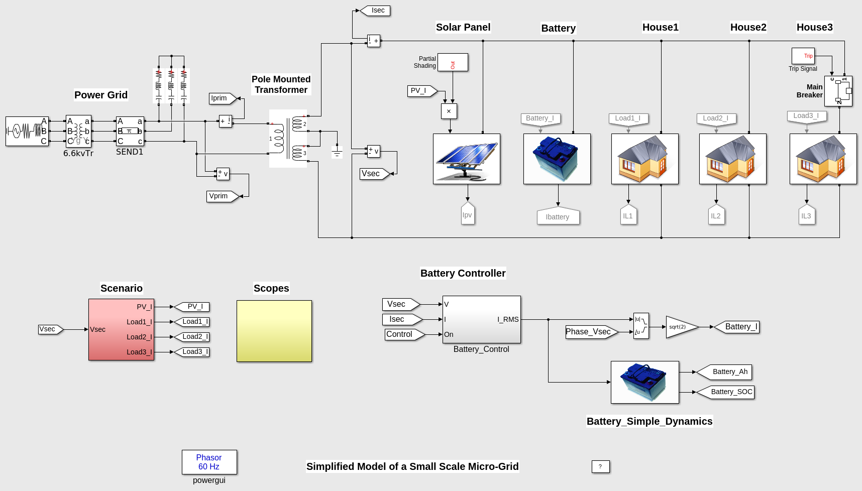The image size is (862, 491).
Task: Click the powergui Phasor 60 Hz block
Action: pyautogui.click(x=209, y=462)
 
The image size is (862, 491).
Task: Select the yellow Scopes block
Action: pyautogui.click(x=274, y=331)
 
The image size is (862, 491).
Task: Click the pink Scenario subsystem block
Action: pyautogui.click(x=121, y=329)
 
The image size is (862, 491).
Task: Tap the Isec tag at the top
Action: pyautogui.click(x=376, y=11)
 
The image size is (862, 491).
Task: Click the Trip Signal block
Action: pyautogui.click(x=803, y=56)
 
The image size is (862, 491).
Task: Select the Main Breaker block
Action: pyautogui.click(x=838, y=91)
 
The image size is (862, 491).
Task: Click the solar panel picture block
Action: pyautogui.click(x=466, y=159)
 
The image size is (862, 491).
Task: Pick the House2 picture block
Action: pyautogui.click(x=732, y=159)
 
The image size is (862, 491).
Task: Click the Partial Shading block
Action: pyautogui.click(x=452, y=62)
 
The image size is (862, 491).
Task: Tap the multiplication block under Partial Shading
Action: pyautogui.click(x=449, y=111)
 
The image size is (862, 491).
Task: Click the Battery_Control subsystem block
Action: pyautogui.click(x=481, y=319)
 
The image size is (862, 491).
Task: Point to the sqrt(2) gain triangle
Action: pyautogui.click(x=680, y=327)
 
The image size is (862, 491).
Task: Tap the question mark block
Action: pyautogui.click(x=600, y=466)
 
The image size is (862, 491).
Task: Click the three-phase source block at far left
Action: pyautogui.click(x=27, y=131)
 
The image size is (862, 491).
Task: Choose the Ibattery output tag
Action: pyautogui.click(x=558, y=216)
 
